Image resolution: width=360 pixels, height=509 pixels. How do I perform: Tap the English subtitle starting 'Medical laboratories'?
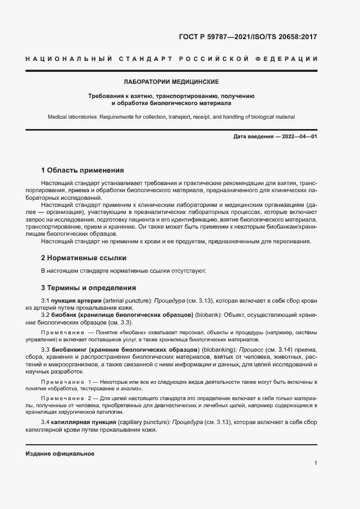[171, 117]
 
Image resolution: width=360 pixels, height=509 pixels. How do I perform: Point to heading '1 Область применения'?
[83, 170]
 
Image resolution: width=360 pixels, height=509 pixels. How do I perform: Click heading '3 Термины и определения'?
[88, 287]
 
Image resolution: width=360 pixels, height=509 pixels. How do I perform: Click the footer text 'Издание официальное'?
[60, 453]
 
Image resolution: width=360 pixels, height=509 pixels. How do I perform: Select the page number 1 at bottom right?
[315, 463]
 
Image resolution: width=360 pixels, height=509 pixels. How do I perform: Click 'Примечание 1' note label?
[65, 383]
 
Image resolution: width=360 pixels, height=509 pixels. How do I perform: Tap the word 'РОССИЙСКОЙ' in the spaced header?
[211, 58]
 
